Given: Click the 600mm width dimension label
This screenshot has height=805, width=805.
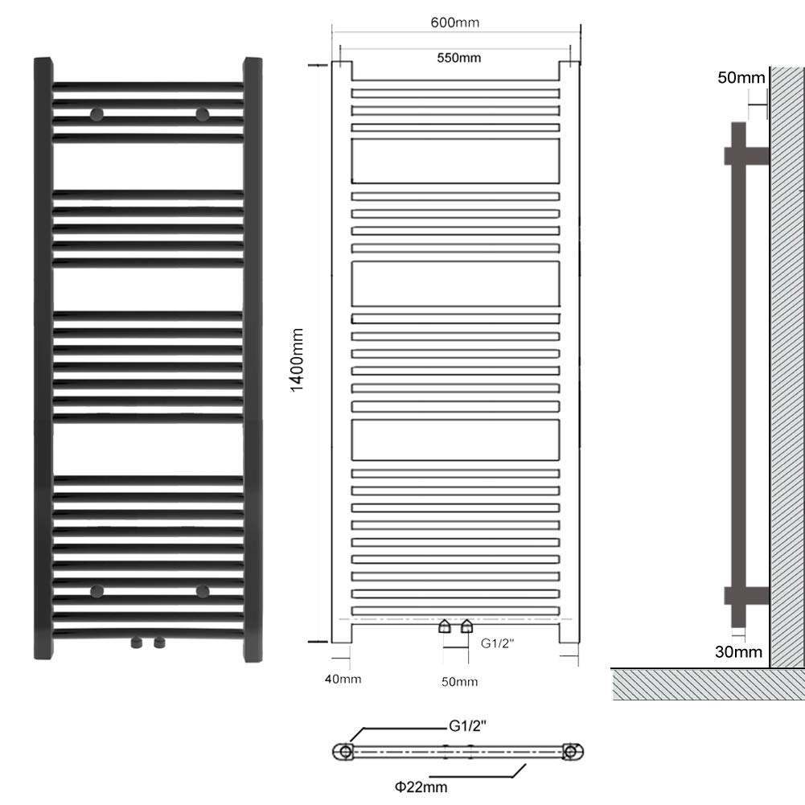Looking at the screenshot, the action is [x=455, y=23].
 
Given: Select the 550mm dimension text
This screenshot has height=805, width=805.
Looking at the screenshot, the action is [x=459, y=58].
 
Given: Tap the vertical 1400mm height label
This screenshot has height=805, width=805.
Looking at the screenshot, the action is [x=298, y=360].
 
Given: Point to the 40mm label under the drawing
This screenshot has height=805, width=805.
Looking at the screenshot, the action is [x=343, y=680].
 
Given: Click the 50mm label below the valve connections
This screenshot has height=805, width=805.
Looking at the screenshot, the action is [x=459, y=682].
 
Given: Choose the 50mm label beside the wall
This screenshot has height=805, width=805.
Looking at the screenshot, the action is [x=741, y=77].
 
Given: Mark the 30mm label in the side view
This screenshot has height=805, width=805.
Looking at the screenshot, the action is [x=738, y=652].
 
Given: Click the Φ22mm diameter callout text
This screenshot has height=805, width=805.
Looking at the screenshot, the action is [x=421, y=787].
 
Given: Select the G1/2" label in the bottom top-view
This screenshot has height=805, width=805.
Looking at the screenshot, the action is [x=468, y=726].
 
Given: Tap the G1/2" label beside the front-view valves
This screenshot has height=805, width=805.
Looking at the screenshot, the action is [x=497, y=643].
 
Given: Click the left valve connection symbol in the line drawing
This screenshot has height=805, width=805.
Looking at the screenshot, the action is [x=445, y=626].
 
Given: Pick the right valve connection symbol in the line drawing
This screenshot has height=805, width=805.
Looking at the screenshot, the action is [x=466, y=626].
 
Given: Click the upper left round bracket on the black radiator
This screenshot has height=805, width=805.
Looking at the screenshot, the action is [x=97, y=114].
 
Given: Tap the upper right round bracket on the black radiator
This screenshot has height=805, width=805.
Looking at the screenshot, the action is [x=203, y=114].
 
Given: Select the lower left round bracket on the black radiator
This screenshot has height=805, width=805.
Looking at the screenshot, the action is [x=97, y=591].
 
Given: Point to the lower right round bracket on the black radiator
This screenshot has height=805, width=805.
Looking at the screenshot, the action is [x=203, y=591].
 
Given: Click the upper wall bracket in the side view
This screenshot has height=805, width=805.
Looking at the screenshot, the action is [x=746, y=156].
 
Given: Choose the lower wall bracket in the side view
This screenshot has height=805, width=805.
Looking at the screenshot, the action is [x=746, y=596].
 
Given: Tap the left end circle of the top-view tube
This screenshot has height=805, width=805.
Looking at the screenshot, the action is [x=346, y=752].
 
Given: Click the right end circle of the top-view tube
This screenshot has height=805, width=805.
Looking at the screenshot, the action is [x=570, y=752].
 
